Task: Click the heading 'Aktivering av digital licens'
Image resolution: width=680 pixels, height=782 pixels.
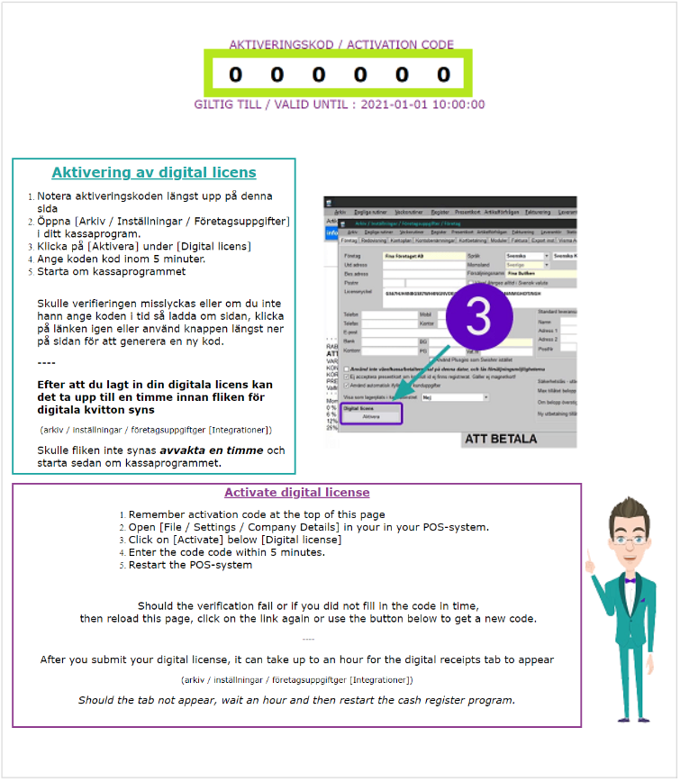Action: coord(154,173)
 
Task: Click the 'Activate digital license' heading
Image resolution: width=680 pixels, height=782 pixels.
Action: coord(296,492)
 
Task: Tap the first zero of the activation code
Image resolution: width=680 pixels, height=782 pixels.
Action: coord(235,75)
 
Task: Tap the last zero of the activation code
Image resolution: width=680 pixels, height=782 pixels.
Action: coord(443,75)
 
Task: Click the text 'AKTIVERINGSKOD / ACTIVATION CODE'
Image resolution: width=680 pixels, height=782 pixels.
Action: coord(341,44)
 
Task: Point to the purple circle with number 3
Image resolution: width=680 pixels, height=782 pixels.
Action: coord(478,320)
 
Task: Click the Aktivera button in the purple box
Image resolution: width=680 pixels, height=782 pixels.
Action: coord(371,417)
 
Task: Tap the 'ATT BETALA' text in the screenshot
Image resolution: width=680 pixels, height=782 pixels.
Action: coord(501,439)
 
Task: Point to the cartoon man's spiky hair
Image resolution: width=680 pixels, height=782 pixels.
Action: coord(629,509)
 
